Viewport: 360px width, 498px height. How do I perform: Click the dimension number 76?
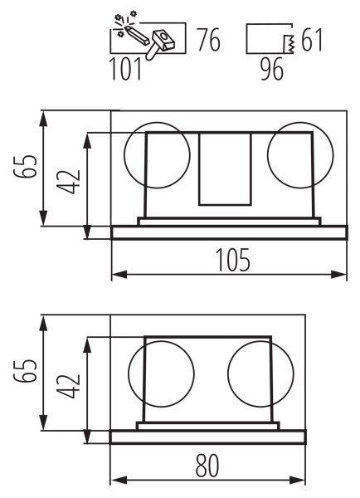[208, 40]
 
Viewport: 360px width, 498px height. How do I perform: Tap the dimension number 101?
[125, 69]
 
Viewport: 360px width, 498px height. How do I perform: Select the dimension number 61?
[312, 40]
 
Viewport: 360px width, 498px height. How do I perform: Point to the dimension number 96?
[272, 69]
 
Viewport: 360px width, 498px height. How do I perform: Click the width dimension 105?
[233, 260]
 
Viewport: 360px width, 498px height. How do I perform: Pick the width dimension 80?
[207, 466]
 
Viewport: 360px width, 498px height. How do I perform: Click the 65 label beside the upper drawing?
[25, 167]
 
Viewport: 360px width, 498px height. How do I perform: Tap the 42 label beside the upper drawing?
[68, 182]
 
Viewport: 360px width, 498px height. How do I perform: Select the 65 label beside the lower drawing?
[24, 371]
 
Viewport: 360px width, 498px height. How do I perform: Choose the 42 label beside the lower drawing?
[68, 387]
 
